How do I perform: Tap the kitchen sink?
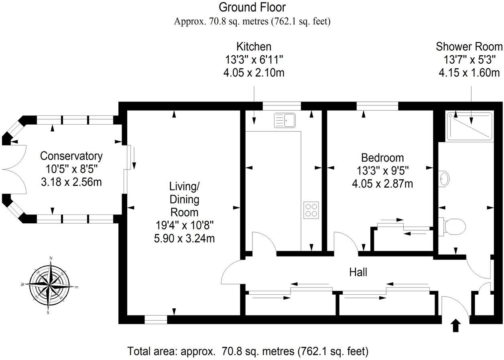(x=285, y=120)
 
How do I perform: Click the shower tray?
(x=469, y=126)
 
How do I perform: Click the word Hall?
(x=358, y=273)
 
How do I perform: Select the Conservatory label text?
(x=71, y=156)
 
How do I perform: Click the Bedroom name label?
(x=382, y=158)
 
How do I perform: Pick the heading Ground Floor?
(x=252, y=7)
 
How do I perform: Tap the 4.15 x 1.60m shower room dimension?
(x=469, y=73)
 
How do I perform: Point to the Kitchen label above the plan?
(x=254, y=47)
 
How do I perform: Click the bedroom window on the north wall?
(x=377, y=106)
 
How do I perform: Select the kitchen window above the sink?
(x=282, y=106)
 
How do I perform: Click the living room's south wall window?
(x=156, y=320)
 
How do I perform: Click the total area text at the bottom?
(x=248, y=352)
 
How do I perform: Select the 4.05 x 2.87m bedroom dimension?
(x=382, y=184)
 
